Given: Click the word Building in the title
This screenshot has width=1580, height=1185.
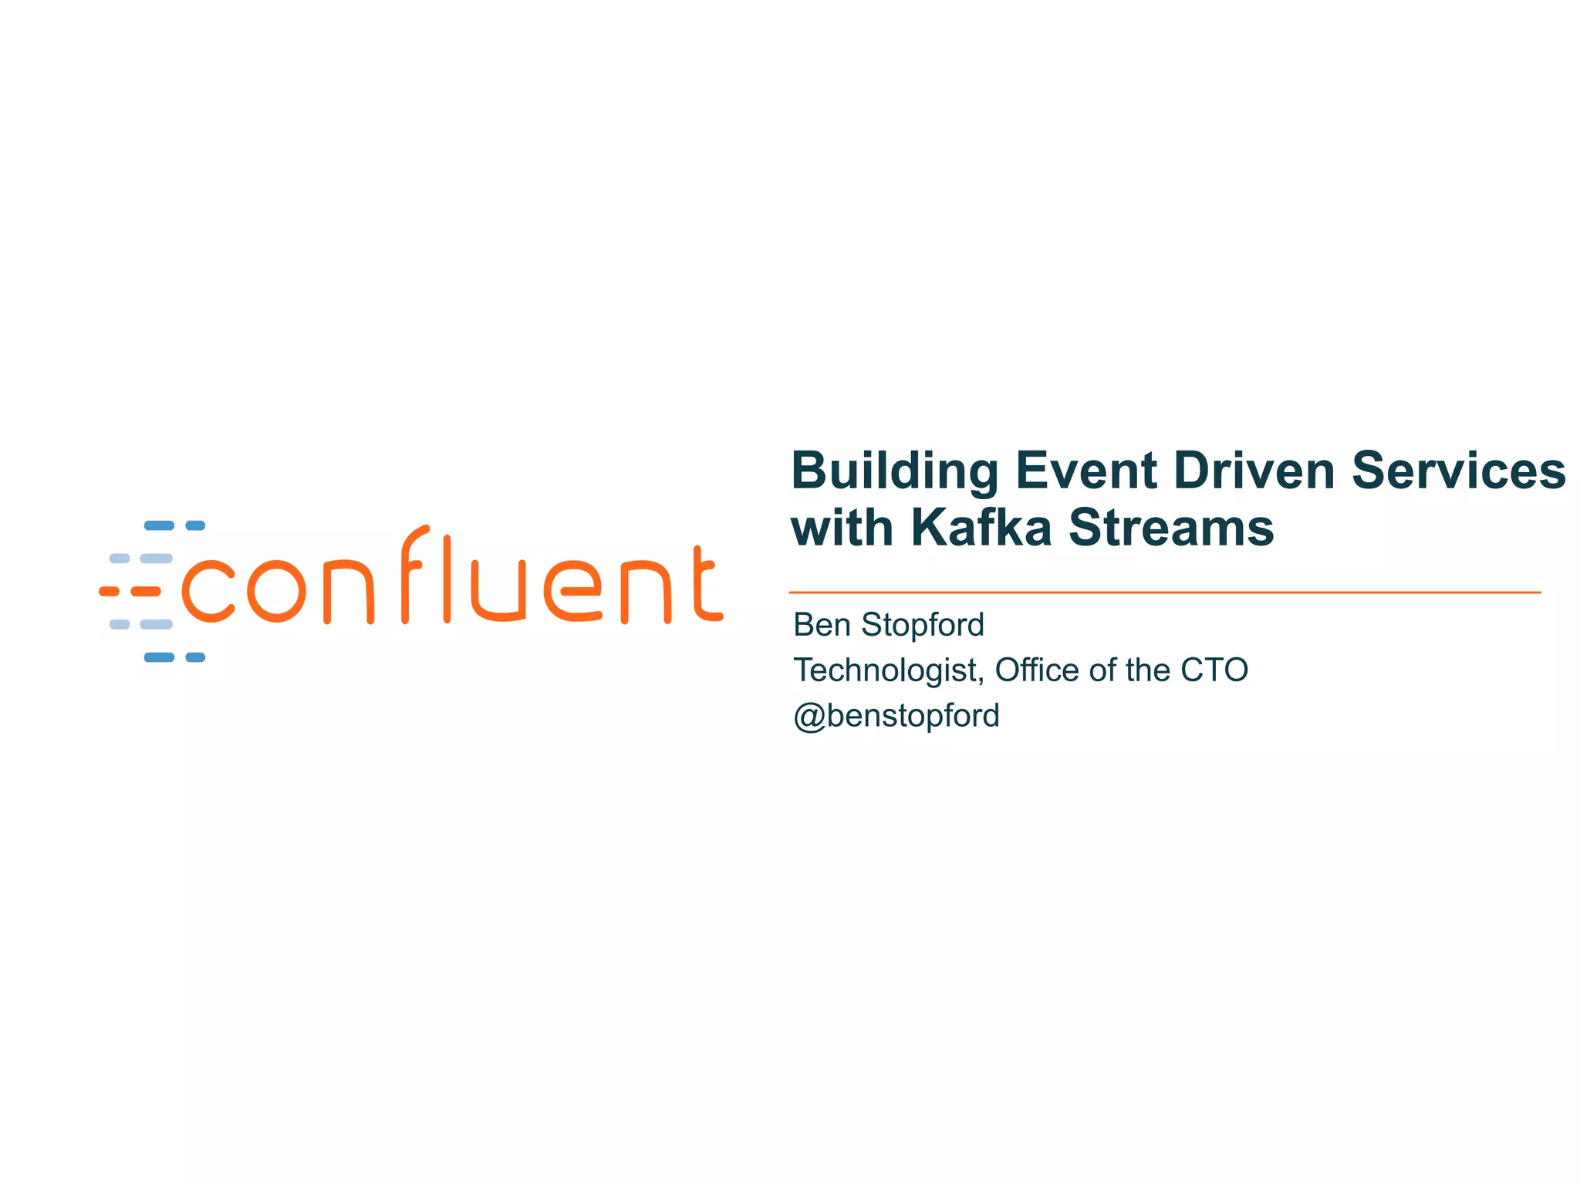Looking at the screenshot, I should [895, 471].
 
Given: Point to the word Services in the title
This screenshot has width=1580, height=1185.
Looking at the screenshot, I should [1459, 471].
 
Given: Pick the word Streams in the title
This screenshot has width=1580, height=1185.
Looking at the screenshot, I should [1171, 528].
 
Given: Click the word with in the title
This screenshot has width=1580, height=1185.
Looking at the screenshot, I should [842, 528].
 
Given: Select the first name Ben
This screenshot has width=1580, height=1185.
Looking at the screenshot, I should [822, 625].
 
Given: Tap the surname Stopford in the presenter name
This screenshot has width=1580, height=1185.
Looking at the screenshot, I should [923, 625].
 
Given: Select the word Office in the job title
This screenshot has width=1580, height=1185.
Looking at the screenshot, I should [1037, 670].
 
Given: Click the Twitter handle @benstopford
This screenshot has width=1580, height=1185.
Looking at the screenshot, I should [896, 716].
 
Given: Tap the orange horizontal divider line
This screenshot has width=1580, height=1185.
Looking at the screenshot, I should [1165, 592].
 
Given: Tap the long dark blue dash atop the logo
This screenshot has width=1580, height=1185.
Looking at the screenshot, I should [159, 526].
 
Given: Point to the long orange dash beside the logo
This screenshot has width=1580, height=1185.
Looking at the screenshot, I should [145, 592].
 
